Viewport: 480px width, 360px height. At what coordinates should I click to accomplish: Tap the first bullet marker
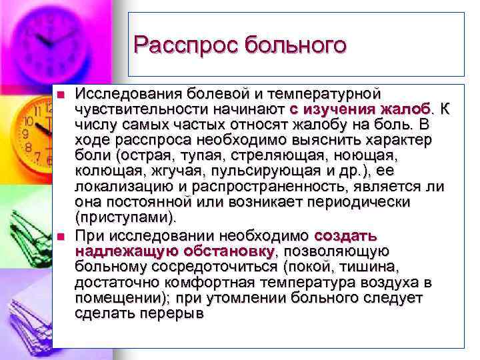coord(61,94)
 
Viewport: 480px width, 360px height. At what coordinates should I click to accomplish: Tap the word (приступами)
coord(126,217)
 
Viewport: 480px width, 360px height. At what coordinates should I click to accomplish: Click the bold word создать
coord(345,236)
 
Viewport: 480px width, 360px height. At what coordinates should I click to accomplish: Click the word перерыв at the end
coord(180,313)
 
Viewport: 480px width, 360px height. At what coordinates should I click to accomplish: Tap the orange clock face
coord(37,130)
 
